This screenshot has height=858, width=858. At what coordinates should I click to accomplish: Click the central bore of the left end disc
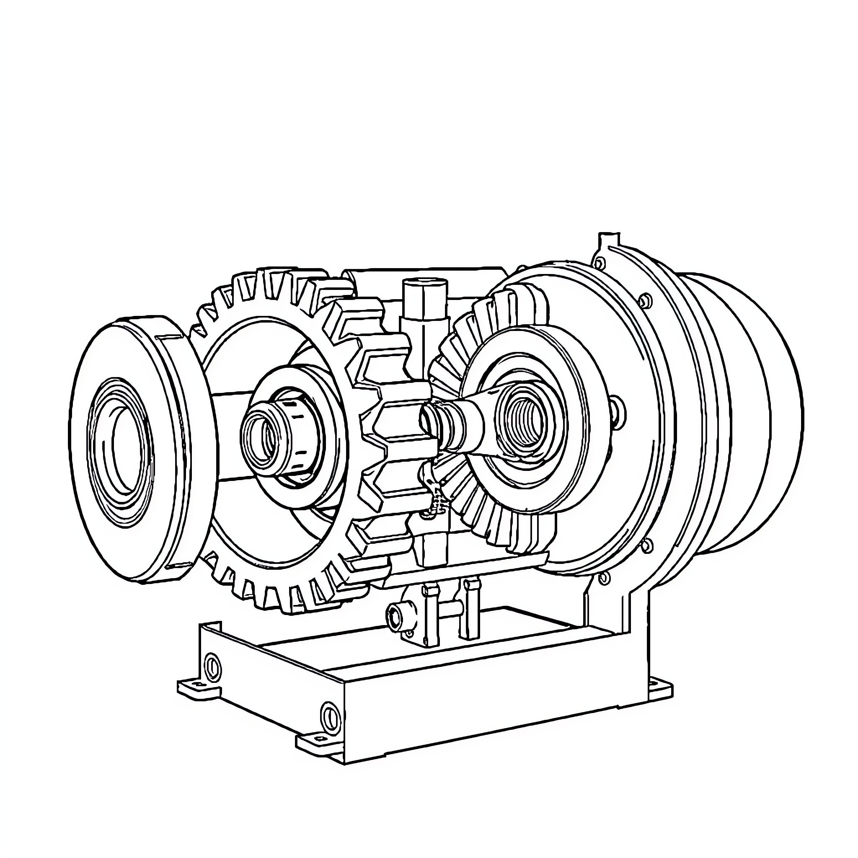pyautogui.click(x=129, y=449)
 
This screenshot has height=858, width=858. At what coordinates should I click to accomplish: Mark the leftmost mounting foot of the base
pyautogui.click(x=195, y=687)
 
